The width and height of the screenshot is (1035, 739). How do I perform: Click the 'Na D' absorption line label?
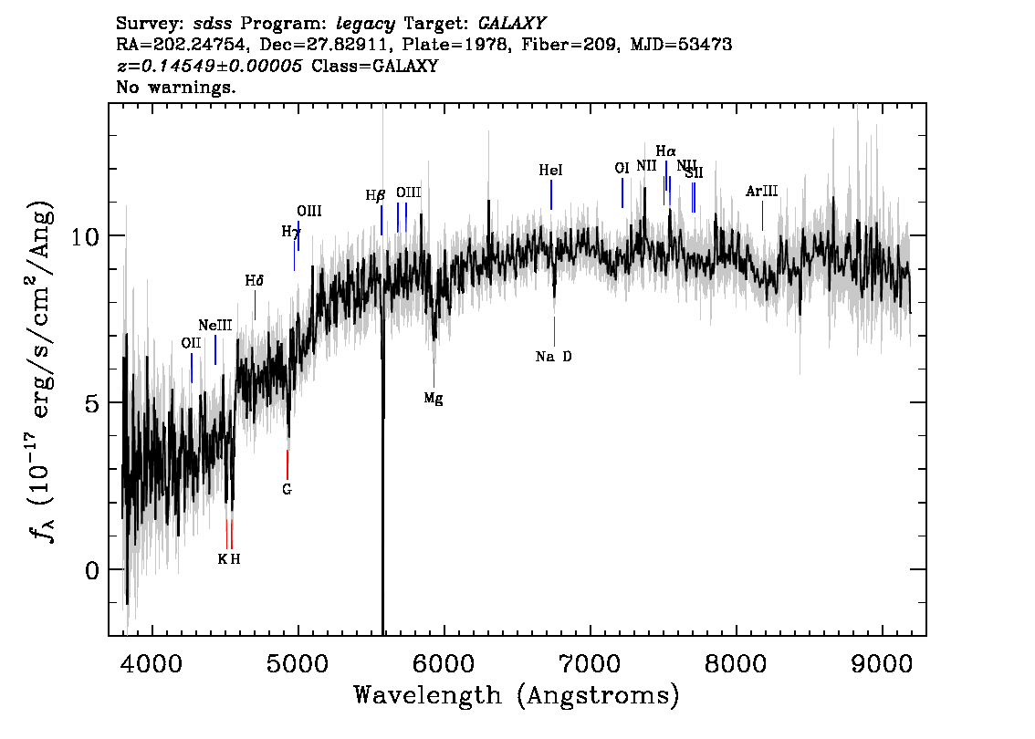pos(553,357)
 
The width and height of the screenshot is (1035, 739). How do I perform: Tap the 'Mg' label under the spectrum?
pos(434,399)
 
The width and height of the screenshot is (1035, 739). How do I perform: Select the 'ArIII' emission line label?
pos(762,192)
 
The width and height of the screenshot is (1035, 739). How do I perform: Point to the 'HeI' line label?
pos(550,171)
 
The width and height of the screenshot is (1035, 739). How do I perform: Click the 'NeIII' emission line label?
pos(215,326)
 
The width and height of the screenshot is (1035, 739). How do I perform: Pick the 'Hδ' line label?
pos(254,281)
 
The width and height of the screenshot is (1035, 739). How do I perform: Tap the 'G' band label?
pos(287,490)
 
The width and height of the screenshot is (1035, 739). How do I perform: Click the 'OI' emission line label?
pos(622,168)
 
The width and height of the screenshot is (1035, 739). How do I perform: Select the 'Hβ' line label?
pos(376,196)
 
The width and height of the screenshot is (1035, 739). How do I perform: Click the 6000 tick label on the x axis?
pos(444,664)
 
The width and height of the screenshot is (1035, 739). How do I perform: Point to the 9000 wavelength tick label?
pos(881,664)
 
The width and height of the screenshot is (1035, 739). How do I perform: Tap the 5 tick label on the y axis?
pos(92,403)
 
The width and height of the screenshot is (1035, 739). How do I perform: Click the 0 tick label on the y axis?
pos(92,570)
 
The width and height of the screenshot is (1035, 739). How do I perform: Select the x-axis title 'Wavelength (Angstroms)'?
pos(517,695)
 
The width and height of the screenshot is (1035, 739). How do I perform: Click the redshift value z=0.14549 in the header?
pos(209,66)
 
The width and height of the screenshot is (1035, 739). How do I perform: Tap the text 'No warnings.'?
pos(175,87)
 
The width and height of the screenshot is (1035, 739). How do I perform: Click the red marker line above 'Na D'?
pos(555,331)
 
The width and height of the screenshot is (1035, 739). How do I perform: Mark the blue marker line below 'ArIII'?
pos(762,215)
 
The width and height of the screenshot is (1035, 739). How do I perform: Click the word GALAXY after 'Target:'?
pos(511,24)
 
